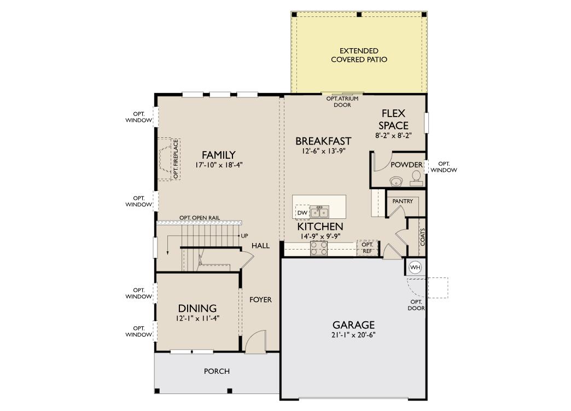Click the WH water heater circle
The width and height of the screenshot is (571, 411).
[415, 267]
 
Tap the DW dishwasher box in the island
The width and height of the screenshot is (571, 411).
[302, 212]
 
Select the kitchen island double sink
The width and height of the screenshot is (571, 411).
[319, 212]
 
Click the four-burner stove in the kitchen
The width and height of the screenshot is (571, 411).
[319, 248]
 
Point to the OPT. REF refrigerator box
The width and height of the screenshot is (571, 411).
[368, 248]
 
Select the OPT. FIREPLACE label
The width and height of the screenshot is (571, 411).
[176, 159]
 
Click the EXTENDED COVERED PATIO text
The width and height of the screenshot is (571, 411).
[359, 55]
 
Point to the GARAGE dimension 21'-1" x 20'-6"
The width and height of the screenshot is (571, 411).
[353, 335]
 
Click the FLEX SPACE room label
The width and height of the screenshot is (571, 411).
[393, 119]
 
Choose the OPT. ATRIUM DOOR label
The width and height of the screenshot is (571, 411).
[342, 102]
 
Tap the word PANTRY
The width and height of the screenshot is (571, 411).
[403, 201]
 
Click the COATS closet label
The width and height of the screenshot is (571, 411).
[422, 237]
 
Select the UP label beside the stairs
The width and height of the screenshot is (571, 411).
[244, 236]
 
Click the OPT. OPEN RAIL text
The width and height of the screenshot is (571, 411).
[200, 217]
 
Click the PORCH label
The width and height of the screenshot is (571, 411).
[217, 371]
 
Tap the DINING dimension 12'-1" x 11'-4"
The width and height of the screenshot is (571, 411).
[197, 318]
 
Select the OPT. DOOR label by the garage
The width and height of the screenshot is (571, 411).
[416, 305]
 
